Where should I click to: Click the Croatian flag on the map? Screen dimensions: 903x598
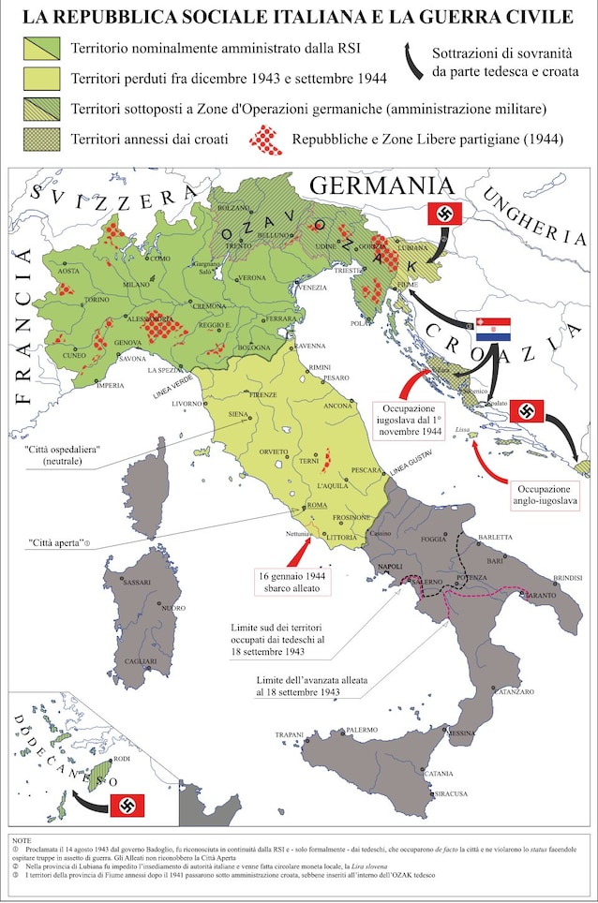493,329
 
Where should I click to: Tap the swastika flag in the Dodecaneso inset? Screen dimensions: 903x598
127,805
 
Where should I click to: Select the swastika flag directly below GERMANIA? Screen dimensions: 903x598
444,214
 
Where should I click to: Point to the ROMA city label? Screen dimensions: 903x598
317,506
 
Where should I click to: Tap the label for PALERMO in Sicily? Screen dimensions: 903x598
361,730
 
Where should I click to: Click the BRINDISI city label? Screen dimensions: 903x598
568,578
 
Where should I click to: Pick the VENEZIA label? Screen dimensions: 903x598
312,288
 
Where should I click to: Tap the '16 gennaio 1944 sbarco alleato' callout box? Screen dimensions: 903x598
292,583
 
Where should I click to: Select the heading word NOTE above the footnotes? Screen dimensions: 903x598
22,841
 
